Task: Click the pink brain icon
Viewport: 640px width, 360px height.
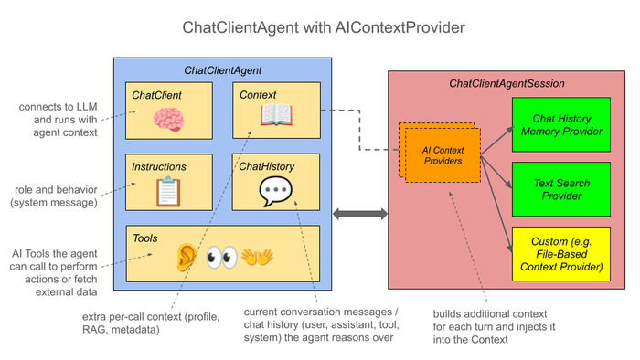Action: [x=168, y=120]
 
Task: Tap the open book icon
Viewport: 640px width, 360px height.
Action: [x=276, y=115]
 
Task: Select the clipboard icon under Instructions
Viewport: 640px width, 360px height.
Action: [x=168, y=191]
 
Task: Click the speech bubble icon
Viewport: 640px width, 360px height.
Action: [x=275, y=191]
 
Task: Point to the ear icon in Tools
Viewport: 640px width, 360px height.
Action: [x=186, y=258]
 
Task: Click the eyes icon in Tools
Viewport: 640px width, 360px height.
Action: [x=221, y=258]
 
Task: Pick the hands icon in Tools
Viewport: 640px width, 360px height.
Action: [x=257, y=258]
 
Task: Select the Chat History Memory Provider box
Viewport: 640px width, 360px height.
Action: [x=561, y=125]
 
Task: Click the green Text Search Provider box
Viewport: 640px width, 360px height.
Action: [x=561, y=189]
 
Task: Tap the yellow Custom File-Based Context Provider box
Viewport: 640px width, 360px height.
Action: [x=561, y=254]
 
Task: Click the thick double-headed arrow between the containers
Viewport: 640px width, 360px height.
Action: [x=360, y=214]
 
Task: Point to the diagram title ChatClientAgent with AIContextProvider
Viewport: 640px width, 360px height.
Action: [x=324, y=27]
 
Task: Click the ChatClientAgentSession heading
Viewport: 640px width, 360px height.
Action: [x=507, y=83]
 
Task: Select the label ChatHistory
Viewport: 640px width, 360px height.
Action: [x=267, y=166]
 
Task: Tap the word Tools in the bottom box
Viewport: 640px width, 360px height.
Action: [x=144, y=238]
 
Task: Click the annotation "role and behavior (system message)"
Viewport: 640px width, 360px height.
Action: [x=54, y=196]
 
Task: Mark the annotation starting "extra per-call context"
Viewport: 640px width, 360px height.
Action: [x=151, y=323]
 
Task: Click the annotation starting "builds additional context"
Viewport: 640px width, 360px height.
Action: [x=494, y=326]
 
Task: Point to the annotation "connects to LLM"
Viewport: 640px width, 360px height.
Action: [x=58, y=107]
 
